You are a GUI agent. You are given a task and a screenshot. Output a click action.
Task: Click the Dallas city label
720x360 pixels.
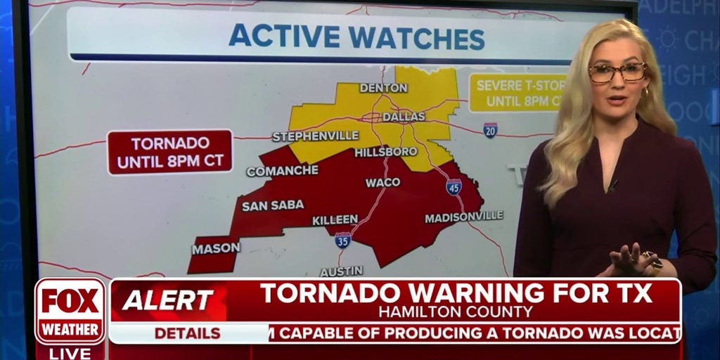(x=404, y=117)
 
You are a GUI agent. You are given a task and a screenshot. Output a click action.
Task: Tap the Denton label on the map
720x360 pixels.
(x=383, y=88)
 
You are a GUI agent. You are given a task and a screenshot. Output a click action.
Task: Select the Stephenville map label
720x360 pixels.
(x=315, y=136)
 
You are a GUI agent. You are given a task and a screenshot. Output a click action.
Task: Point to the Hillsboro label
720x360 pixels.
(x=380, y=152)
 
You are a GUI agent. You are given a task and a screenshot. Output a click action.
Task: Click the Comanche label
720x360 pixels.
(x=282, y=171)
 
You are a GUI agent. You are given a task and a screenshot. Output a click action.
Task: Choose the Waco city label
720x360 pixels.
(x=382, y=183)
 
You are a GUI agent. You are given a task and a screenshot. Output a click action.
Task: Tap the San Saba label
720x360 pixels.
(x=273, y=205)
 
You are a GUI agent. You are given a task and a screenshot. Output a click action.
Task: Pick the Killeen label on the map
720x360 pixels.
(x=335, y=220)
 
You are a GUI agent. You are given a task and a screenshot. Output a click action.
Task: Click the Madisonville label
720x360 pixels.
(x=463, y=217)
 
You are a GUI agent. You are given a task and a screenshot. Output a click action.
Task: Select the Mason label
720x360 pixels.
(x=216, y=247)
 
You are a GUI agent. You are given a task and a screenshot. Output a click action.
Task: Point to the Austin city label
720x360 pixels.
(x=342, y=271)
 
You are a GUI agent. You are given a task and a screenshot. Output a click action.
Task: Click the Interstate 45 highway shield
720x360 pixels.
(x=454, y=187)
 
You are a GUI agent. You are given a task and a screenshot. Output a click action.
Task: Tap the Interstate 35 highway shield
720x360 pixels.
(x=342, y=240)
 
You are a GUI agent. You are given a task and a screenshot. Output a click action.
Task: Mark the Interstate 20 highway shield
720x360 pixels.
(x=490, y=129)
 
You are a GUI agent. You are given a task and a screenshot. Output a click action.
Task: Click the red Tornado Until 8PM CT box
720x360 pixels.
(x=170, y=152)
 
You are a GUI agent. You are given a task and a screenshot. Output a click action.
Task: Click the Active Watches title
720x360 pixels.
(x=356, y=37)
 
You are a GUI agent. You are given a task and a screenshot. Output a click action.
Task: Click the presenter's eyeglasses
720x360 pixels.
(x=617, y=72)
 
